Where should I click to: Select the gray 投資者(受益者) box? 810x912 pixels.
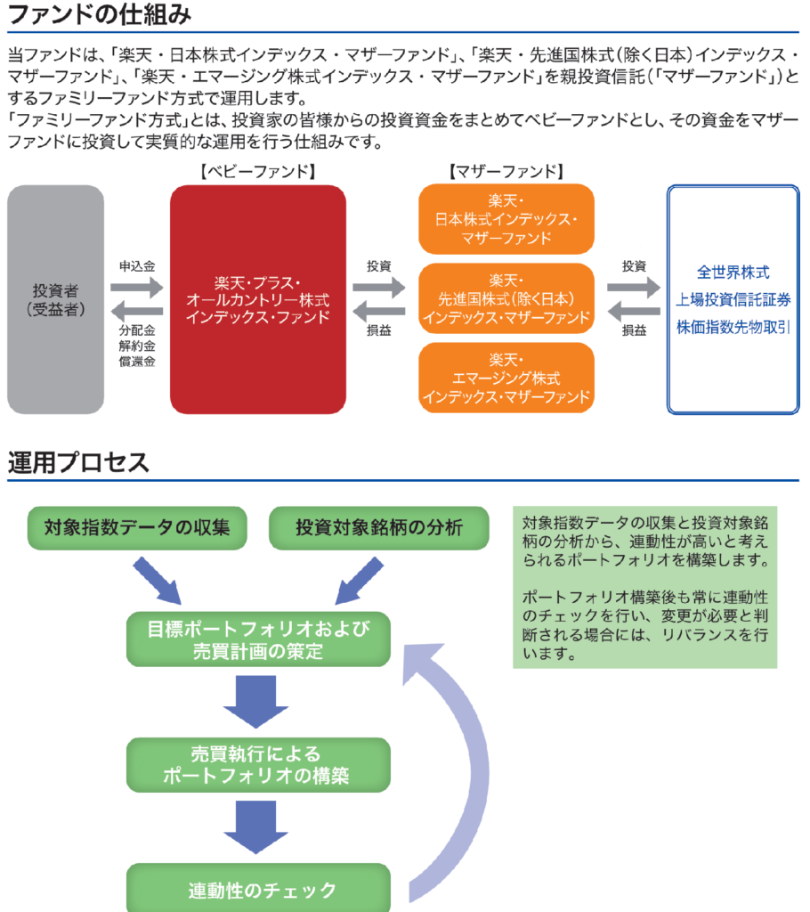(x=55, y=299)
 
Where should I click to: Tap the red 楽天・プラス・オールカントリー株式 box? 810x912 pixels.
(x=258, y=299)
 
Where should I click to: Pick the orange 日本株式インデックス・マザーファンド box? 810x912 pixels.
(x=506, y=219)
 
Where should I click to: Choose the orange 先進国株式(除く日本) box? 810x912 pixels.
(x=506, y=298)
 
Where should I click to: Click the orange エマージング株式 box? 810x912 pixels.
(x=506, y=378)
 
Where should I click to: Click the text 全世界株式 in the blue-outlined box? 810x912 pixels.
(x=733, y=273)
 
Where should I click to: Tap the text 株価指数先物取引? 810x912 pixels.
(x=733, y=327)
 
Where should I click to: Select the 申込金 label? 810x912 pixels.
(x=137, y=266)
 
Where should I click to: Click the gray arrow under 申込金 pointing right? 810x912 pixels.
(x=137, y=287)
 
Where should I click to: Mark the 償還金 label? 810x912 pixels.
(x=137, y=362)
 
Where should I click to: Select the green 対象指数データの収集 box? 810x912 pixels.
(x=136, y=527)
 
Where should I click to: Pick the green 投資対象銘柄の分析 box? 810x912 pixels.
(x=379, y=527)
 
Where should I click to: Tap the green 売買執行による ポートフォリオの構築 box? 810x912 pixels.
(x=258, y=763)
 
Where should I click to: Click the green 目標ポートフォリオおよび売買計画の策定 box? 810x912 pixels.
(x=258, y=639)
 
